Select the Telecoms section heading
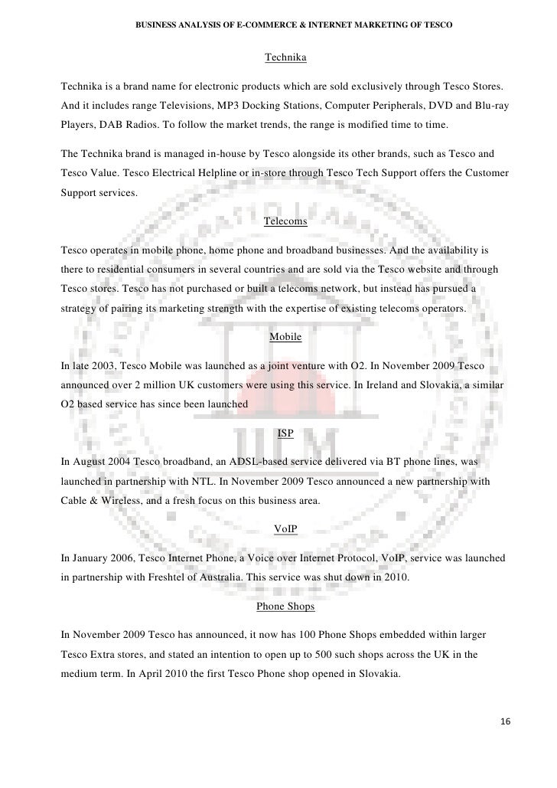285,222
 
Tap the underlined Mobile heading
285,337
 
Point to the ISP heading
285,433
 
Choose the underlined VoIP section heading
285,528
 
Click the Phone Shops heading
285,607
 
